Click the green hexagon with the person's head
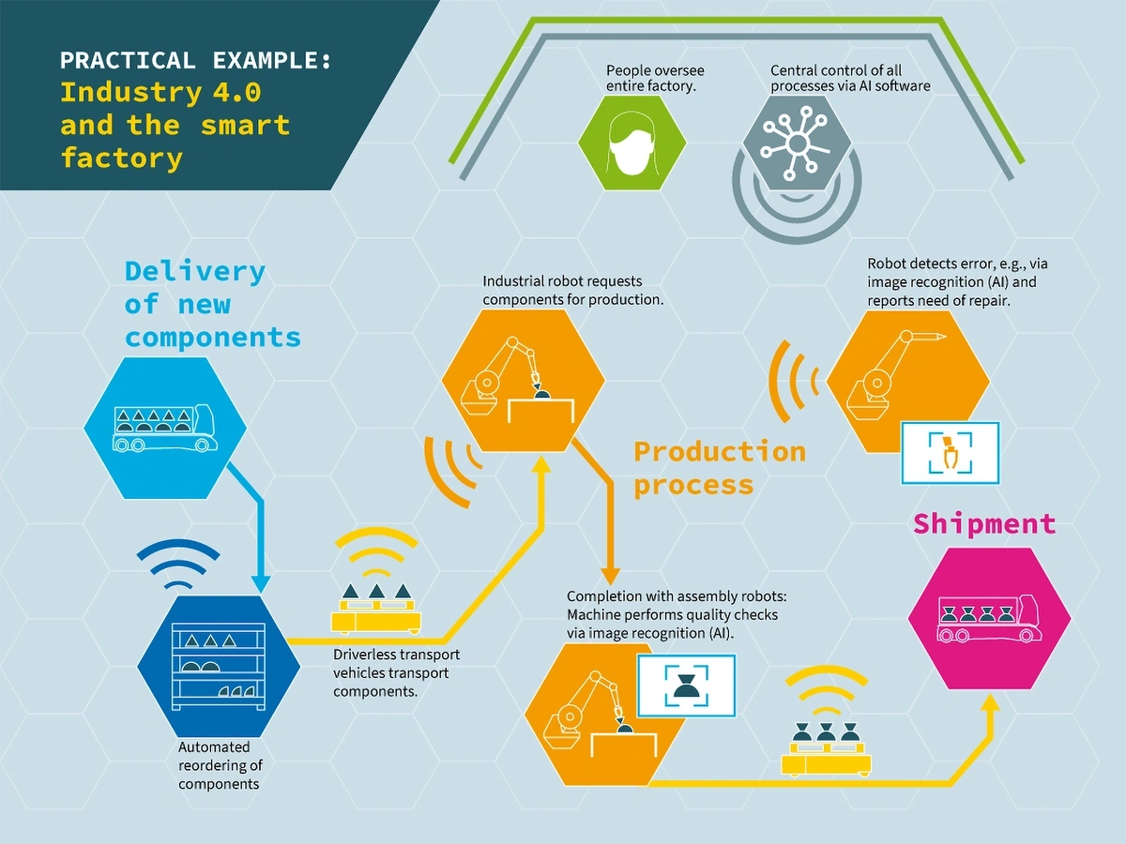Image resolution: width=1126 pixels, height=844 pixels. (x=631, y=142)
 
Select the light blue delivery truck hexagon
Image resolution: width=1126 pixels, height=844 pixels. (x=165, y=428)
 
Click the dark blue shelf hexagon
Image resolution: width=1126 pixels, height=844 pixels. (x=219, y=667)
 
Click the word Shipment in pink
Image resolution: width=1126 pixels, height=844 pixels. (x=984, y=523)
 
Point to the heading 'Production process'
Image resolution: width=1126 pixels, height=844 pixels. (x=720, y=468)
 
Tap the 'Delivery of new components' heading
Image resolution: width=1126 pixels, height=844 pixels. (x=212, y=304)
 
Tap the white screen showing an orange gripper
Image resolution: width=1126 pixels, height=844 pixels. (x=950, y=452)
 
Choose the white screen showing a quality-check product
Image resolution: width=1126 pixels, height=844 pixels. (x=686, y=686)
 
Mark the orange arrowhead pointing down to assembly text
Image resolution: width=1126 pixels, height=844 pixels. (x=611, y=574)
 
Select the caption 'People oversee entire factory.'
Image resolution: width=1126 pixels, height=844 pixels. (x=655, y=79)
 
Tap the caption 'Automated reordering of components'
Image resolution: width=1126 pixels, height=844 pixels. (x=220, y=764)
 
